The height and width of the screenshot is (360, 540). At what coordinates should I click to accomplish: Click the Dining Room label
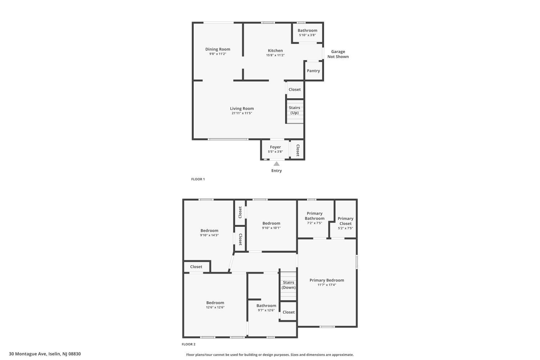point(218,49)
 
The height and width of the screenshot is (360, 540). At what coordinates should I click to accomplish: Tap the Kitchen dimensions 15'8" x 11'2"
point(275,55)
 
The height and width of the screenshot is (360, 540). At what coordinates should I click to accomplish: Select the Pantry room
point(314,71)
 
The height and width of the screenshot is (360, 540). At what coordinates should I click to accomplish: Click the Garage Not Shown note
point(338,54)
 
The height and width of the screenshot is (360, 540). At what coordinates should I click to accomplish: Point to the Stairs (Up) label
point(294,110)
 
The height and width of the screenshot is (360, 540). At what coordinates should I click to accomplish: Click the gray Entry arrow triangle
point(276,164)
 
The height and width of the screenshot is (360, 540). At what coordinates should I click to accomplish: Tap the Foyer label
point(275,147)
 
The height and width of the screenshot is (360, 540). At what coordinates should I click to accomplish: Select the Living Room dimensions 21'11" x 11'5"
point(242,113)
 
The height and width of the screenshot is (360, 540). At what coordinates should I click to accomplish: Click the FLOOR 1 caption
point(198,179)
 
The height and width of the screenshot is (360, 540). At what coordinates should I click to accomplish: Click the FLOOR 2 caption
point(189,344)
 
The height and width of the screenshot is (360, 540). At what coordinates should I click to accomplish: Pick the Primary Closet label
point(346,221)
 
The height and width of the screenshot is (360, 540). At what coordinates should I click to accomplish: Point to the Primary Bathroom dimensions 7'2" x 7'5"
point(315,223)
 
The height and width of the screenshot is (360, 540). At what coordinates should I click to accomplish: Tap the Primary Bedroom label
point(327,280)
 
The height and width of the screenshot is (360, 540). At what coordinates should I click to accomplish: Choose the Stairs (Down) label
point(289,285)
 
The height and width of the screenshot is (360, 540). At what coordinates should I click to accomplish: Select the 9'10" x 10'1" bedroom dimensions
point(271,228)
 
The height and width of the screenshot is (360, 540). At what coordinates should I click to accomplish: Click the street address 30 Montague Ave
point(28,354)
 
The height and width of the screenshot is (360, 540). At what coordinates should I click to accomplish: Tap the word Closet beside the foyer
point(298,150)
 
